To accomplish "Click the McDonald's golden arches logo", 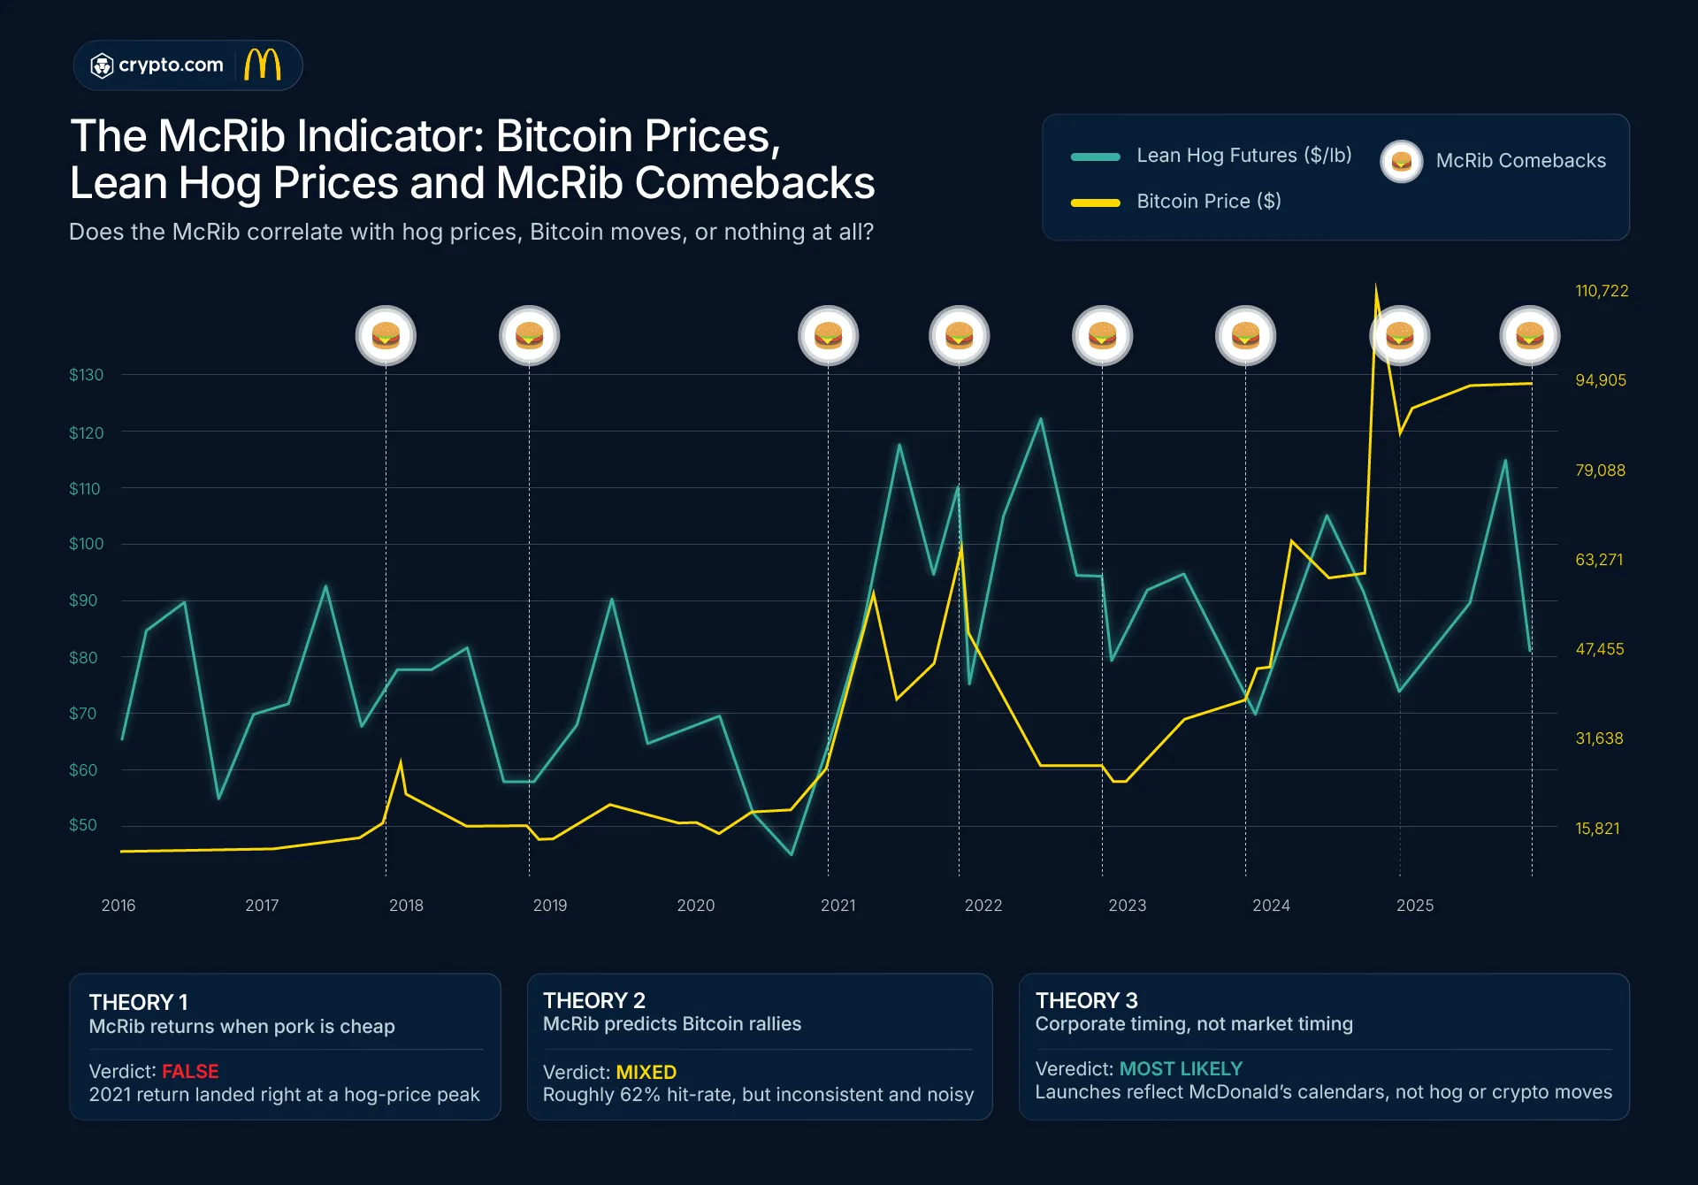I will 263,65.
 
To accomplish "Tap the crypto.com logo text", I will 170,65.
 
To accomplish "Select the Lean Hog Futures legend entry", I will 1243,156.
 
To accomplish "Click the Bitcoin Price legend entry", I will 1208,202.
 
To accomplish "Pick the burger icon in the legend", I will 1401,161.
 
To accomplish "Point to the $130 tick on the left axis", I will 86,375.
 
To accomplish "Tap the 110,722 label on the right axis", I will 1601,291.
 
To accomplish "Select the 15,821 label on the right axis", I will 1596,829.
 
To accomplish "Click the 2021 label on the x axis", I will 838,906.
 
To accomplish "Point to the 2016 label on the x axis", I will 119,906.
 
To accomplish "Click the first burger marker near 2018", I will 386,336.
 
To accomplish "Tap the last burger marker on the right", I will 1529,336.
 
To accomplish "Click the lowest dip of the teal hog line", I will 792,853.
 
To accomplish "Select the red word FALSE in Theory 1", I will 190,1071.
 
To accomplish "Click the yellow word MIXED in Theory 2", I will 646,1072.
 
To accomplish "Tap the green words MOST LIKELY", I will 1181,1068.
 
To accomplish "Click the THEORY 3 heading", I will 1086,1000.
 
